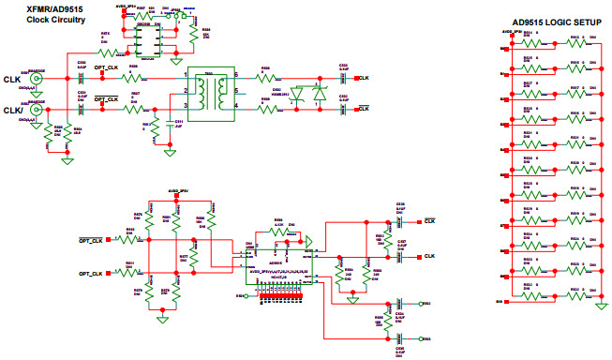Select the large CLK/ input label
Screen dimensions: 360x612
pyautogui.click(x=14, y=110)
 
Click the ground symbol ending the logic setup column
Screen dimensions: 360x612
pyautogui.click(x=599, y=306)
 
